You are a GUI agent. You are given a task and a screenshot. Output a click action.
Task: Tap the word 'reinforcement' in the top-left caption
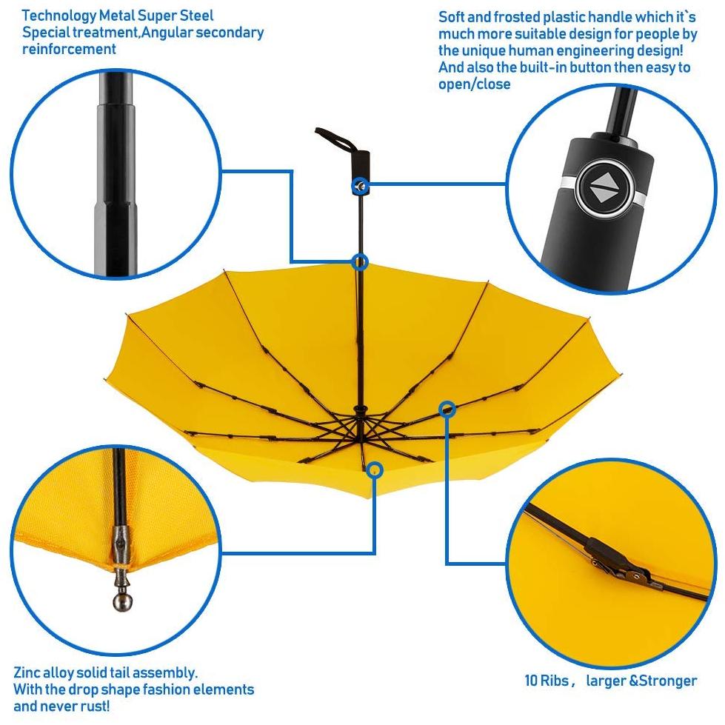click(x=69, y=49)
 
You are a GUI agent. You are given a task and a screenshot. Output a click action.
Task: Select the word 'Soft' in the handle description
click(x=451, y=17)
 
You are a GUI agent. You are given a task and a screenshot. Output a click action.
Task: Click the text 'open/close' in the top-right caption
click(x=475, y=84)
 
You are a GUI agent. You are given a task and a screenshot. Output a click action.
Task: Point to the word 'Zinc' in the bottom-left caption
click(x=27, y=672)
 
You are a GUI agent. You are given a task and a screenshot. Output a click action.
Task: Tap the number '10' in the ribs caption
click(x=531, y=681)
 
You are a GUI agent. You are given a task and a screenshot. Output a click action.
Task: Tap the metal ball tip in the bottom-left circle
click(x=122, y=601)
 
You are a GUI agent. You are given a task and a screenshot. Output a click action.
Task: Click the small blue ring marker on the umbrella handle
click(x=360, y=187)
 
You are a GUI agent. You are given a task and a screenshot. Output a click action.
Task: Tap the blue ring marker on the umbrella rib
click(x=447, y=409)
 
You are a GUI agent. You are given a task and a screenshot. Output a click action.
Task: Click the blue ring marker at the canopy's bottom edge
click(x=375, y=470)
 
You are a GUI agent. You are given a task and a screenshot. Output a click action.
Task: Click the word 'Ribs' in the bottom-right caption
click(x=555, y=681)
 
